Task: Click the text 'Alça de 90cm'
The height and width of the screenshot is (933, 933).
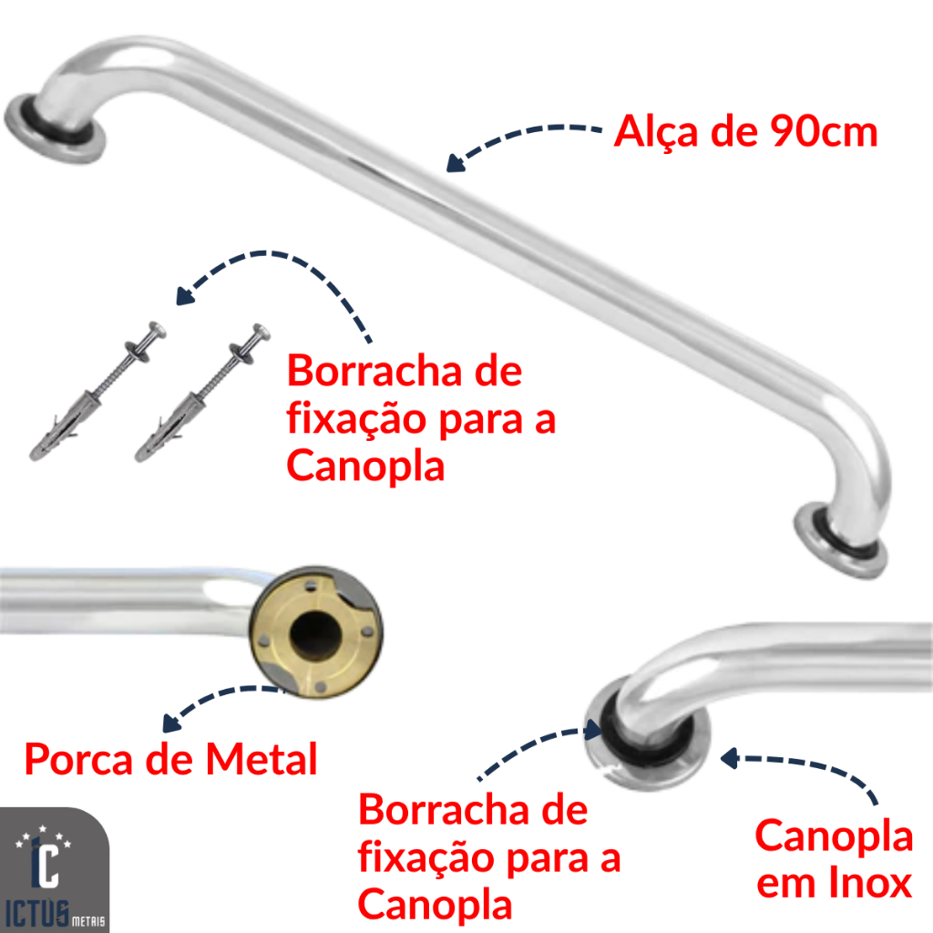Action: tap(745, 132)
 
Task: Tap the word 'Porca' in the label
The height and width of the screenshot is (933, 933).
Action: tap(78, 759)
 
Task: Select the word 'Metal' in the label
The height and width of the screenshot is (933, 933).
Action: tap(261, 759)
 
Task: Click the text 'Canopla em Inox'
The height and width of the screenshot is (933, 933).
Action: tap(834, 859)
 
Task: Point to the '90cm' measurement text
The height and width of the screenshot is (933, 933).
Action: tap(824, 132)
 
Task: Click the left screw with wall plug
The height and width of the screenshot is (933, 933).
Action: tap(97, 390)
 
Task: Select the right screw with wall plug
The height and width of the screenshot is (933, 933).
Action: tap(202, 393)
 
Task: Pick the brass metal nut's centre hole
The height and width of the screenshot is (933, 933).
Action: tap(316, 634)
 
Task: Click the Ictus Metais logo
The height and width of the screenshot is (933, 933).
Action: tap(55, 870)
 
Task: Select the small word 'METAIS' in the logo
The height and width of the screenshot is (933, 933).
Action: tap(88, 921)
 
